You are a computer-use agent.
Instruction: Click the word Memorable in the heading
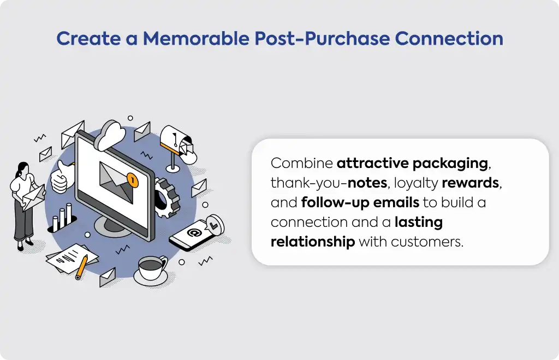point(196,38)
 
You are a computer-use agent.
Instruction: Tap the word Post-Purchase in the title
point(322,38)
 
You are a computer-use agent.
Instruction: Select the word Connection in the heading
point(449,38)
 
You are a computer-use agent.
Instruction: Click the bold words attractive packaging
point(413,164)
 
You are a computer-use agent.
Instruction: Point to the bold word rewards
point(470,183)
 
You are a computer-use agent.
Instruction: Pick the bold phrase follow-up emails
point(360,202)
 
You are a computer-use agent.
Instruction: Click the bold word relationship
point(313,242)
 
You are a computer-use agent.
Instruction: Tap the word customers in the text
point(426,242)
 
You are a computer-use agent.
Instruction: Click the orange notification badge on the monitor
point(132,180)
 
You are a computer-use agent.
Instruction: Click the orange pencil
point(81,267)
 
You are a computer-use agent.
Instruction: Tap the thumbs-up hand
point(61,176)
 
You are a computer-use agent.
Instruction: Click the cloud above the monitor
point(110,135)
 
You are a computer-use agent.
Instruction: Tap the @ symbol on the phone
point(194,233)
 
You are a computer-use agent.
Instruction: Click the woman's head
point(22,168)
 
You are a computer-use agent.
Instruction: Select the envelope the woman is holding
point(33,197)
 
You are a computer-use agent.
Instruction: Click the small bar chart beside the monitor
point(62,218)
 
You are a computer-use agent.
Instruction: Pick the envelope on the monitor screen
point(116,182)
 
